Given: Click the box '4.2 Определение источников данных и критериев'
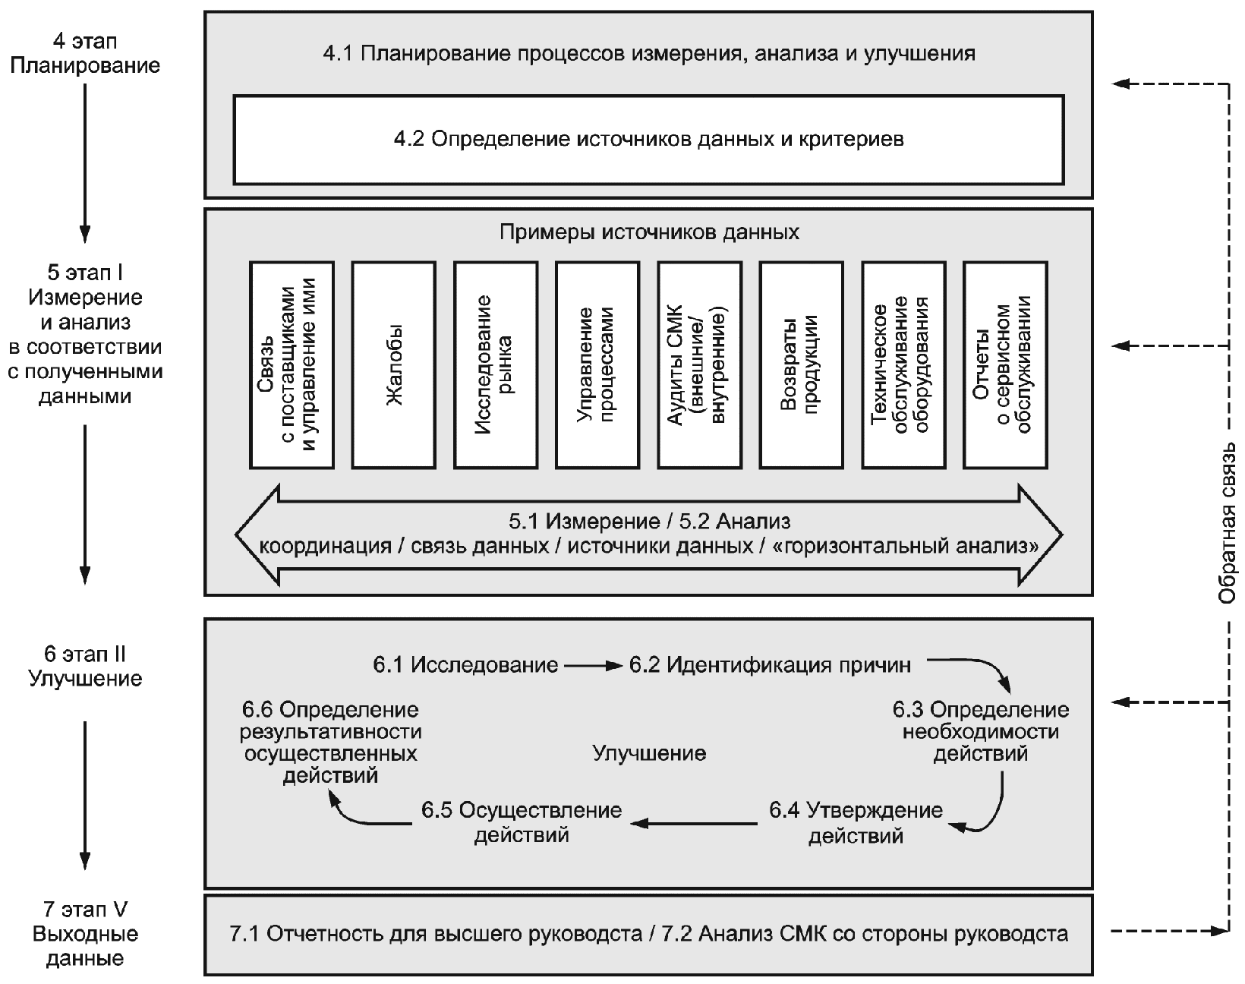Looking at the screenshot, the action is click(648, 140).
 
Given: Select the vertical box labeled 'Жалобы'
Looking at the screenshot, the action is click(393, 364).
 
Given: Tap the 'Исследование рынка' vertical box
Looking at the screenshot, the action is click(496, 364).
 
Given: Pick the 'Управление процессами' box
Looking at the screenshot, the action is click(597, 364).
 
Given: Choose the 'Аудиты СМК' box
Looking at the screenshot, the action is click(699, 364).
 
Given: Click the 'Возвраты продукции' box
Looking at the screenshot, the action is click(801, 364).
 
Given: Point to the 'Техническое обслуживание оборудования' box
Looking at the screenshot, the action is click(903, 364).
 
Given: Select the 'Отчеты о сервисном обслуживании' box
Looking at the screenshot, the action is click(1005, 364).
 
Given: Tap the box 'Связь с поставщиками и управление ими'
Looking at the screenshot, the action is click(292, 364).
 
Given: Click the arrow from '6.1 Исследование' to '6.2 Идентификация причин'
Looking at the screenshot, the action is click(593, 666).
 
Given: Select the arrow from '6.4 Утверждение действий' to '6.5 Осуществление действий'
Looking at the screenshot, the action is click(694, 823).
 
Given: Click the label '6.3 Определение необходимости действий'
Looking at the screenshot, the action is click(981, 732).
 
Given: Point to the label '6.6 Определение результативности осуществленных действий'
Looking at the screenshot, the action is click(330, 742).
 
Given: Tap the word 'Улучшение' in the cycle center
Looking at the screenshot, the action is click(649, 753).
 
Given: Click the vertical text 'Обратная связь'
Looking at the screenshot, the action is click(1227, 523).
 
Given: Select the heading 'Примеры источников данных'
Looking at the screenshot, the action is click(649, 232).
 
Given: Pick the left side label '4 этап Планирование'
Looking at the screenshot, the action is click(85, 53).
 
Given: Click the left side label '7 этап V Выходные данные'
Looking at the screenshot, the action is click(85, 934).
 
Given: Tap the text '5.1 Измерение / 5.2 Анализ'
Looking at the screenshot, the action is click(649, 522).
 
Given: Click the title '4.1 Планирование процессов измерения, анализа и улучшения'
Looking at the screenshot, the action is click(649, 53).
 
